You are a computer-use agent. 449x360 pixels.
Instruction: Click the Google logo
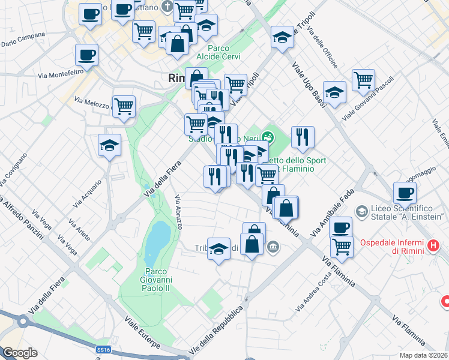(x=19, y=353)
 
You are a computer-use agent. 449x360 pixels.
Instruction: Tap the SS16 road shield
(x=103, y=349)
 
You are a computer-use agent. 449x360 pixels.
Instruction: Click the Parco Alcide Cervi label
(x=224, y=53)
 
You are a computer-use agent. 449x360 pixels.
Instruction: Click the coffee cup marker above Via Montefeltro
(x=87, y=56)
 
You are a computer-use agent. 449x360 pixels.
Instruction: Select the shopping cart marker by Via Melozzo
(x=124, y=107)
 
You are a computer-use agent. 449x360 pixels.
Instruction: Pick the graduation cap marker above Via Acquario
(x=109, y=145)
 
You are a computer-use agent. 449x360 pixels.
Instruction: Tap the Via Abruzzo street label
(x=178, y=212)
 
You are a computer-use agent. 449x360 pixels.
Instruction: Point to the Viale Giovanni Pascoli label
(x=367, y=100)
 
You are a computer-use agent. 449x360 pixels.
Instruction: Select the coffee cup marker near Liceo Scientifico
(x=405, y=193)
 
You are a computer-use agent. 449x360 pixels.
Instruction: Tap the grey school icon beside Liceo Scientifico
(x=361, y=211)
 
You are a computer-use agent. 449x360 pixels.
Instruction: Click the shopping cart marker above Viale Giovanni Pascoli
(x=363, y=80)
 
